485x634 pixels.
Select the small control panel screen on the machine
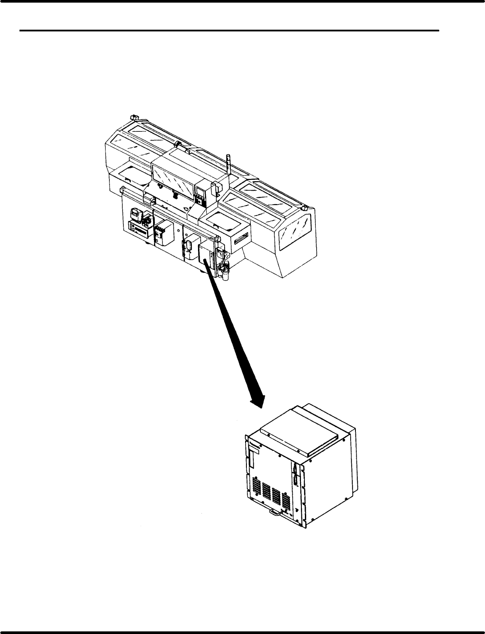click(200, 190)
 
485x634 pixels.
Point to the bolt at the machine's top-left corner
click(134, 118)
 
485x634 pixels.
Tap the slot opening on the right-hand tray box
click(241, 239)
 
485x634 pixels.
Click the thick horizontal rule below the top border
click(229, 31)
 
